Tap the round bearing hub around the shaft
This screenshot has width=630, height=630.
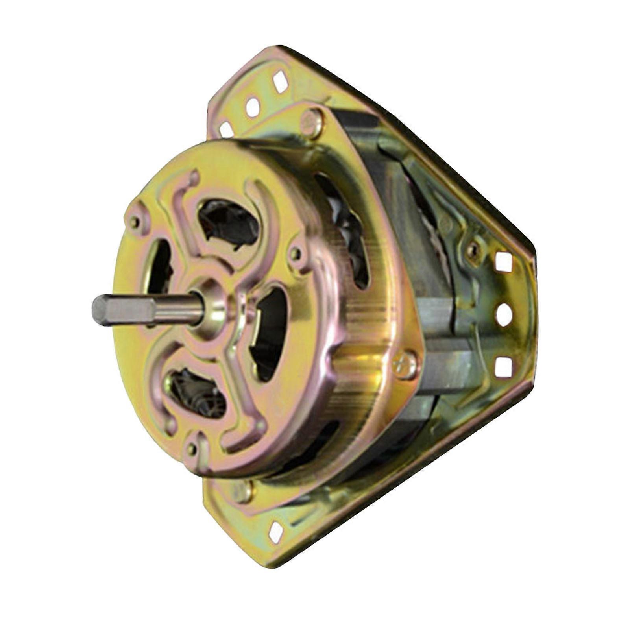(x=212, y=307)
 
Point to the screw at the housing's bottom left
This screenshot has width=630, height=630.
(x=243, y=490)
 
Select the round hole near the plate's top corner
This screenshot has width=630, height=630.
(x=253, y=106)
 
